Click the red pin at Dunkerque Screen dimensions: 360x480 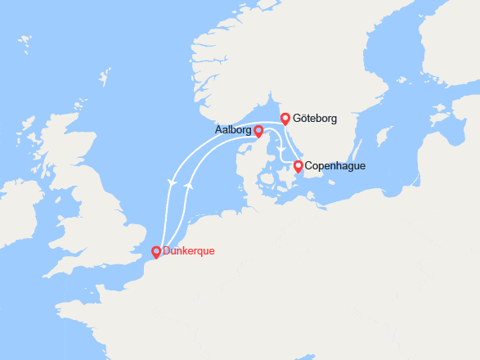point(156,252)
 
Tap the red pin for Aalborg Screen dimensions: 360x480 point(258,131)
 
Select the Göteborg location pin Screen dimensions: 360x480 point(285,119)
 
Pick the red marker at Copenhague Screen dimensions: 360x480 point(298,167)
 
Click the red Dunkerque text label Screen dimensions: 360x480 point(189,251)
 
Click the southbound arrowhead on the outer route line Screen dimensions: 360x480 point(171,181)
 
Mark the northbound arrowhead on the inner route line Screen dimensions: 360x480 point(189,186)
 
